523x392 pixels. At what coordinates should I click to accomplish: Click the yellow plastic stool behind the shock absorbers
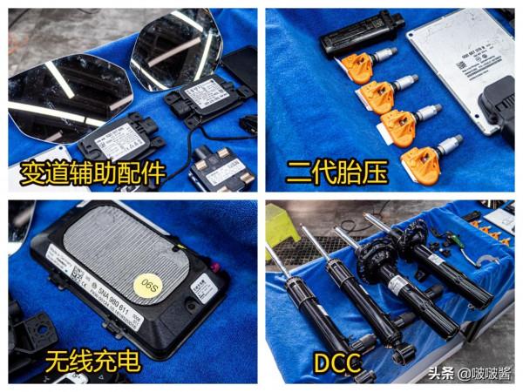[x=283, y=226]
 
